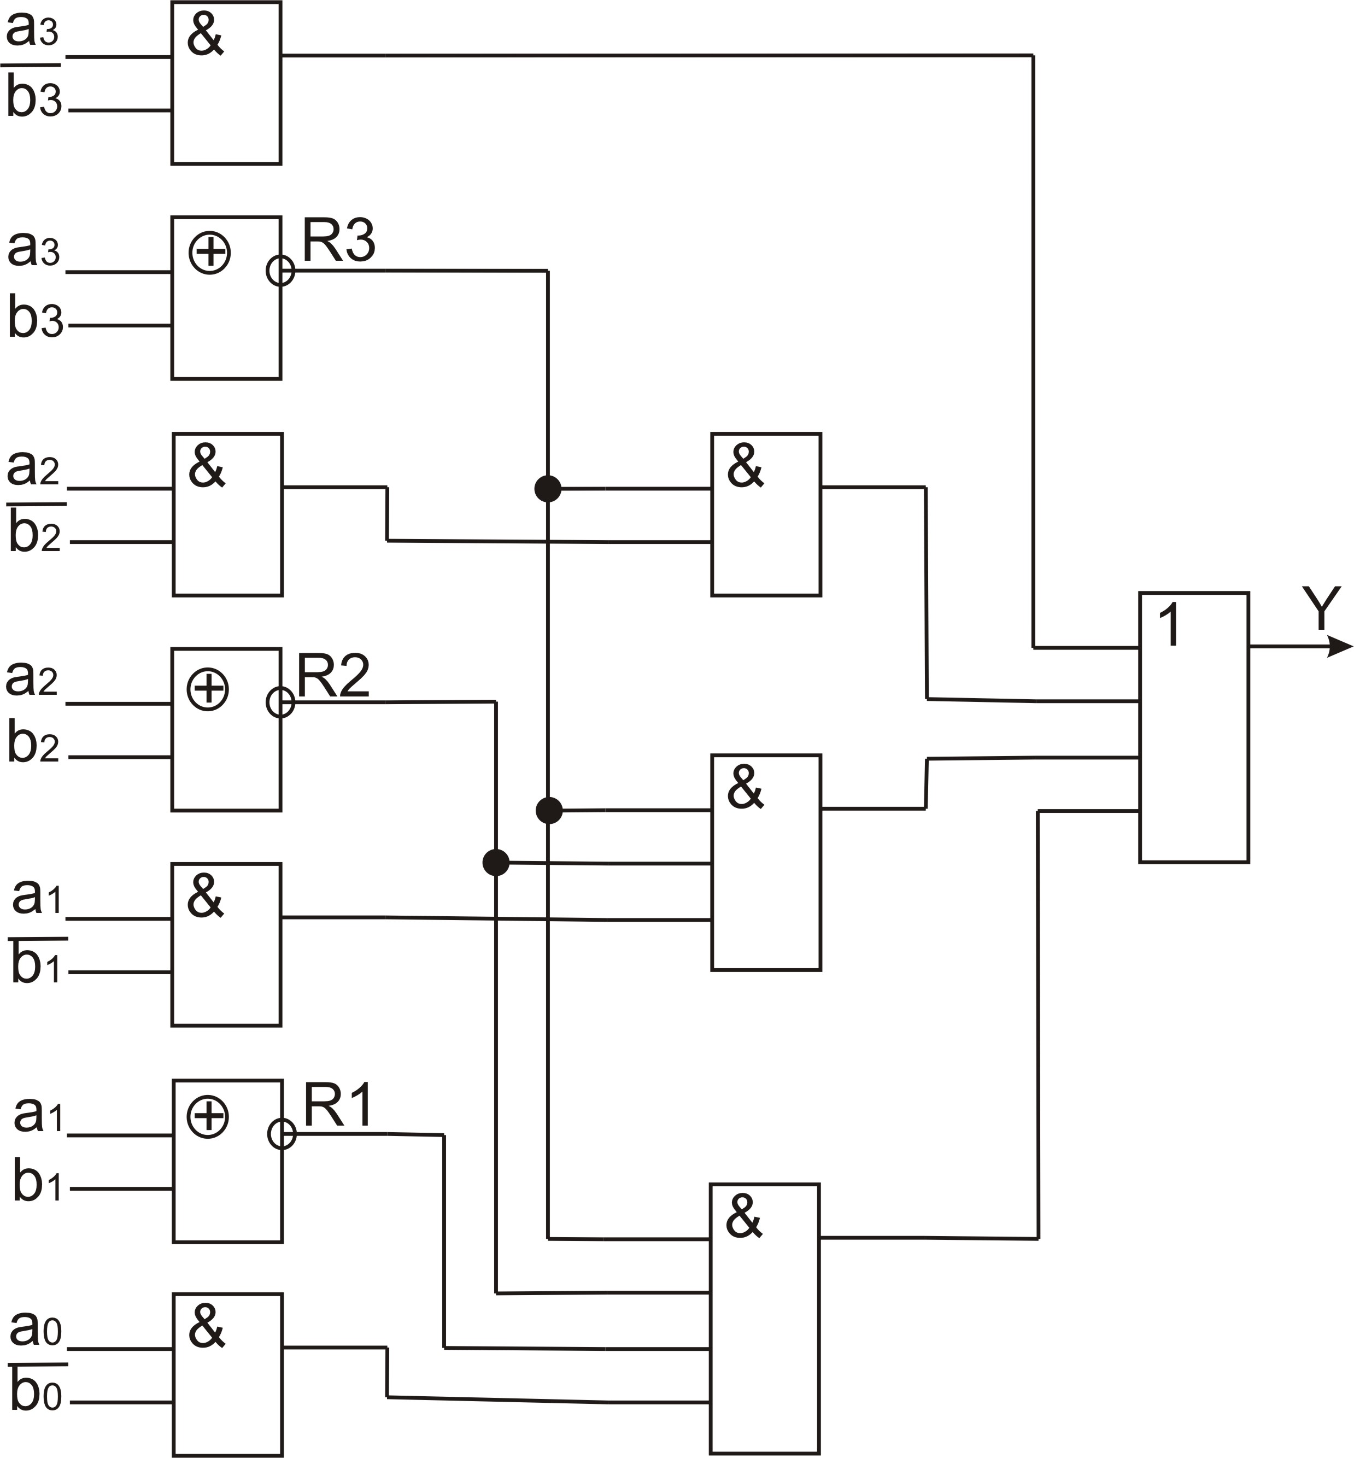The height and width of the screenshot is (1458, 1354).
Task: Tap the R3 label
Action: click(x=338, y=241)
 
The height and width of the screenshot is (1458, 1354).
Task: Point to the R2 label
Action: click(x=333, y=676)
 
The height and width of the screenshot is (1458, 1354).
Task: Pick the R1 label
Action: click(x=338, y=1106)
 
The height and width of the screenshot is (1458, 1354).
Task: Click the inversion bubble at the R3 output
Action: click(x=280, y=271)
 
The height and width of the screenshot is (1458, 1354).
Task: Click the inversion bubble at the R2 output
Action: click(x=280, y=702)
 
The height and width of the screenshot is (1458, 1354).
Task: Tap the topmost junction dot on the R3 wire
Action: click(x=548, y=488)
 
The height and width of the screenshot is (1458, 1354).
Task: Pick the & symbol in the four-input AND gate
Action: click(x=743, y=1216)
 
